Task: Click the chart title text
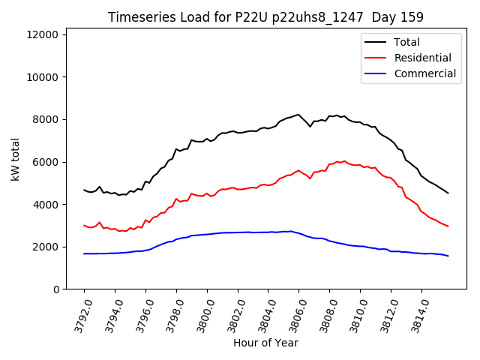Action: click(265, 17)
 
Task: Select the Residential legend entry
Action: click(422, 58)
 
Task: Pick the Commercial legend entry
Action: click(424, 73)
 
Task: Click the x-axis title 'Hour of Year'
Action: click(265, 343)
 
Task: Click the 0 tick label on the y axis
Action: click(57, 289)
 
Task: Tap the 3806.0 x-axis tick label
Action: click(294, 313)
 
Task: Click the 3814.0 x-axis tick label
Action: click(417, 313)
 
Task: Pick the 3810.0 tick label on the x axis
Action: click(355, 313)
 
